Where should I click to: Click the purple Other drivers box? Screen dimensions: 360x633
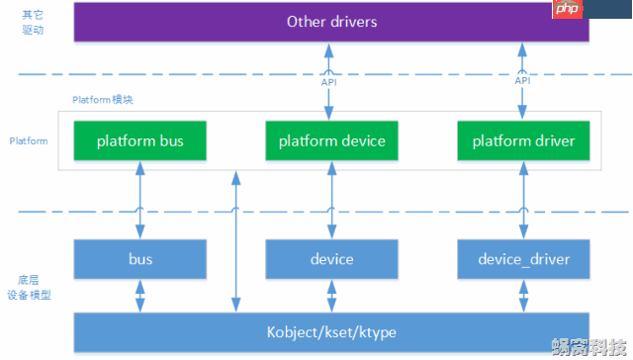pos(331,21)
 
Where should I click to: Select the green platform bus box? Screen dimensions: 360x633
pos(140,141)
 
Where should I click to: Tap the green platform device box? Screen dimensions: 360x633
pos(331,141)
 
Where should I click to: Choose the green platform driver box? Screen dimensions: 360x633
pos(523,141)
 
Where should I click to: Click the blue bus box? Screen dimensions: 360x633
pos(140,259)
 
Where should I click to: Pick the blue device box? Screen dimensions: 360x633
pos(331,259)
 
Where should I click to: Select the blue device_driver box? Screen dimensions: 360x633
pos(523,259)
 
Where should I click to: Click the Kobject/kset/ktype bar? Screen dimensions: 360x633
pos(331,332)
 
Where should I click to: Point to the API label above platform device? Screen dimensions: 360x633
pos(329,82)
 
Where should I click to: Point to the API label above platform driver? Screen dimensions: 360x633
pos(522,82)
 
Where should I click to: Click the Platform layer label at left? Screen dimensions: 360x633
pos(29,141)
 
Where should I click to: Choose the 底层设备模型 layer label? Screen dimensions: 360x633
pos(29,288)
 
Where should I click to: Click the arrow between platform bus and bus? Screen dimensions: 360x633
pos(140,198)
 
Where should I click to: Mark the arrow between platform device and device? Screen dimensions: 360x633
pos(331,198)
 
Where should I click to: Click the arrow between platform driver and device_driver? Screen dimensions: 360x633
pos(523,198)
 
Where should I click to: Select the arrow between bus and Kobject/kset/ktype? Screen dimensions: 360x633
pos(140,295)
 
